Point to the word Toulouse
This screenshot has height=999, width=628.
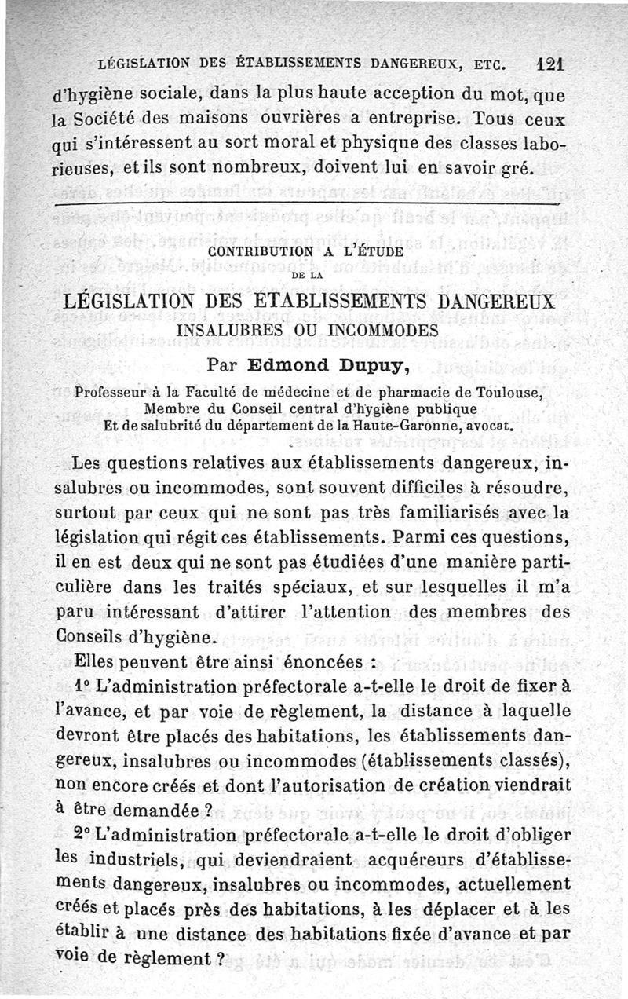click(507, 392)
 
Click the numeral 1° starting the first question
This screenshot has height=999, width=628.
click(81, 686)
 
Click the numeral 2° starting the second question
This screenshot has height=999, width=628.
click(81, 832)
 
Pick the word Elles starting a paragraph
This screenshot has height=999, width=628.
click(92, 662)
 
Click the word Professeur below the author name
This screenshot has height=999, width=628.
click(110, 392)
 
